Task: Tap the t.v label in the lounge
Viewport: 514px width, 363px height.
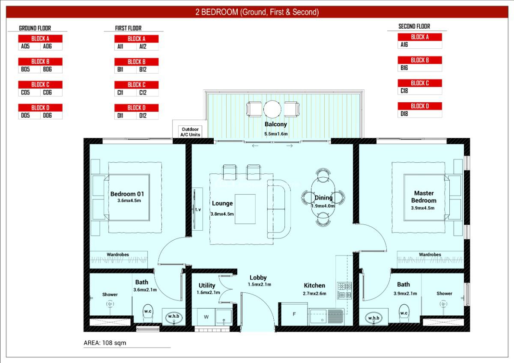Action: (x=198, y=210)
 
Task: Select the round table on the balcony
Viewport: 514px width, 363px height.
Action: (x=272, y=109)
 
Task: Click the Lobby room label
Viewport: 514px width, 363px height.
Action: (x=258, y=277)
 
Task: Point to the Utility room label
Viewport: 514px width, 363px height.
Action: (x=207, y=286)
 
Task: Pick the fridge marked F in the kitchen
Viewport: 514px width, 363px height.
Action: (x=294, y=314)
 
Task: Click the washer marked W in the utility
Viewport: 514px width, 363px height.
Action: (x=206, y=317)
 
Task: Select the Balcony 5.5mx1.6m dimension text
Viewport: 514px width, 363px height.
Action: (x=275, y=134)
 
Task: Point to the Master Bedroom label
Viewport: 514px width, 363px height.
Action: (x=424, y=197)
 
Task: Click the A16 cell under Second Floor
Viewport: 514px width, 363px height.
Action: (x=404, y=45)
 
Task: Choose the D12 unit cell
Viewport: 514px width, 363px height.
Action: (x=143, y=115)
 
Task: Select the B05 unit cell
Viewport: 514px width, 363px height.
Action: (x=25, y=69)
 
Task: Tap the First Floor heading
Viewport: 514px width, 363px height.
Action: (x=128, y=28)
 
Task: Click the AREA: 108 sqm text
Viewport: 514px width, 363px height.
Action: (x=105, y=343)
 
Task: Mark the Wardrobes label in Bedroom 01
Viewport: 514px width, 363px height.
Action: (x=118, y=254)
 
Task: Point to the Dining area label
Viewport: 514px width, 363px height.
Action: (x=323, y=198)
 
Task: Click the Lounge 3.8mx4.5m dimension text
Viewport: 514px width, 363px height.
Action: (x=222, y=214)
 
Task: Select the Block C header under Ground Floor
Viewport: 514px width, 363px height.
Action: (x=41, y=84)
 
